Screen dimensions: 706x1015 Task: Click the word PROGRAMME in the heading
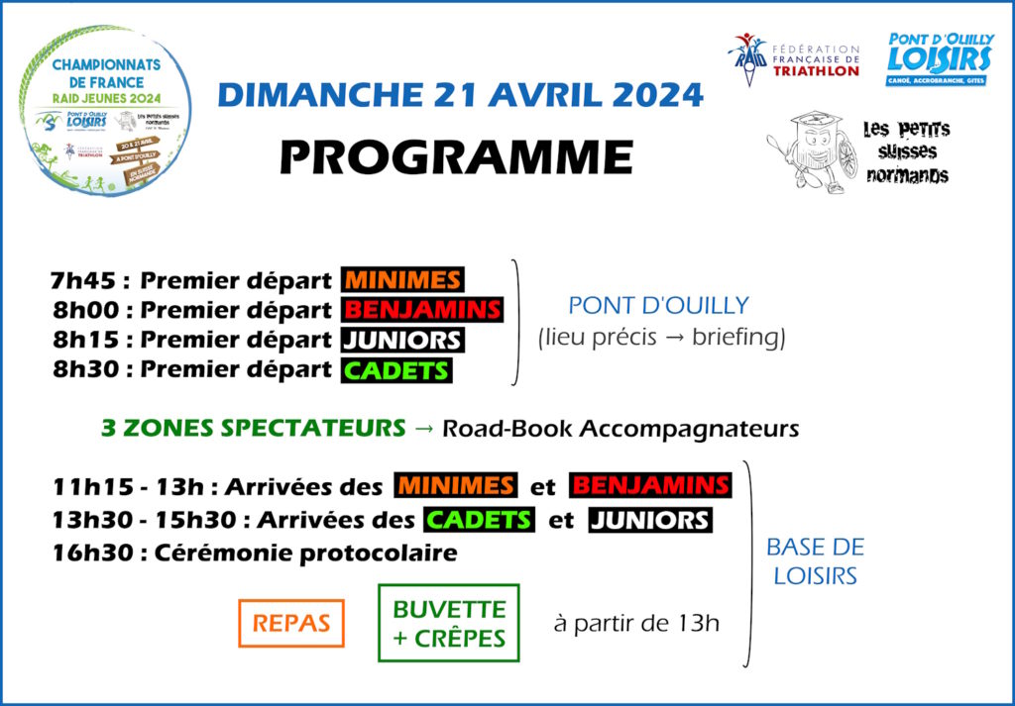455,156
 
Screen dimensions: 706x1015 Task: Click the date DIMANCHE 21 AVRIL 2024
460,95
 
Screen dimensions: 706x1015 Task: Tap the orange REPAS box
291,624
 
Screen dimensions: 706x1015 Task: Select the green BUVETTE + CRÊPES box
448,623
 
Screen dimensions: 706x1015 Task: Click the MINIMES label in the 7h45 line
402,280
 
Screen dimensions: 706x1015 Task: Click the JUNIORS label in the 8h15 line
401,340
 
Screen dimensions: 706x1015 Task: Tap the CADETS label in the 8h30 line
396,370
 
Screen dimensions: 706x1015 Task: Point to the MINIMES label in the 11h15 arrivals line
456,486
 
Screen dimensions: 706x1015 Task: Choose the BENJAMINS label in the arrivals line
650,486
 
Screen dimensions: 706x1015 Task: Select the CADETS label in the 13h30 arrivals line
479,520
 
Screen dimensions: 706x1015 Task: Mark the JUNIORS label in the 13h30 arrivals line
649,520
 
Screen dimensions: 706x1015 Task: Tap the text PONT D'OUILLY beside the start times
658,305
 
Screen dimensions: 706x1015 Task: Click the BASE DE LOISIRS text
815,560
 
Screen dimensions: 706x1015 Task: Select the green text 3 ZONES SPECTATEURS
254,429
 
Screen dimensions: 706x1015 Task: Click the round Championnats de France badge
104,110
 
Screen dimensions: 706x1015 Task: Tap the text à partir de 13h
636,624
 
